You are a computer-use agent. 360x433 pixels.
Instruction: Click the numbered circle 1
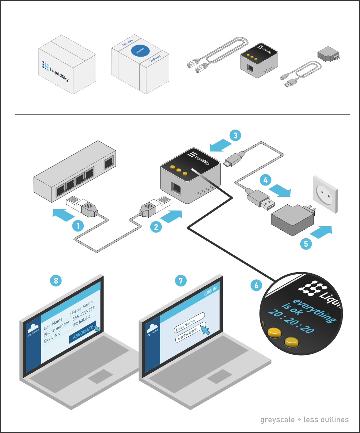[78, 226]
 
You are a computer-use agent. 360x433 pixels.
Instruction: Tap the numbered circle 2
[156, 227]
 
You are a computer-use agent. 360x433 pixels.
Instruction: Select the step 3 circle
[235, 135]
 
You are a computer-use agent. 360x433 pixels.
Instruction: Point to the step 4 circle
[265, 180]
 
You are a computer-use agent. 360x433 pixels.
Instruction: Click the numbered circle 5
[306, 244]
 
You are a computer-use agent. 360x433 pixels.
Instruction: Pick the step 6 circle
[256, 285]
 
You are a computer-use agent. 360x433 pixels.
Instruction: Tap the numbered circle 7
[181, 280]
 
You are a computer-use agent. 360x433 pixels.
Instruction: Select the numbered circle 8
[56, 280]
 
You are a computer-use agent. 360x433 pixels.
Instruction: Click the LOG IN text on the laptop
[210, 291]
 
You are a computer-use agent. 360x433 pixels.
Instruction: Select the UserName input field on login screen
[189, 322]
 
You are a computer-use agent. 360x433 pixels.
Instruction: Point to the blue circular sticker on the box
[140, 51]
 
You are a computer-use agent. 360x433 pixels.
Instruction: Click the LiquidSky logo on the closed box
[55, 71]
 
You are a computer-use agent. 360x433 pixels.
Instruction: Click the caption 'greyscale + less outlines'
[304, 420]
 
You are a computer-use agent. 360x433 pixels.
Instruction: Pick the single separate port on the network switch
[109, 162]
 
